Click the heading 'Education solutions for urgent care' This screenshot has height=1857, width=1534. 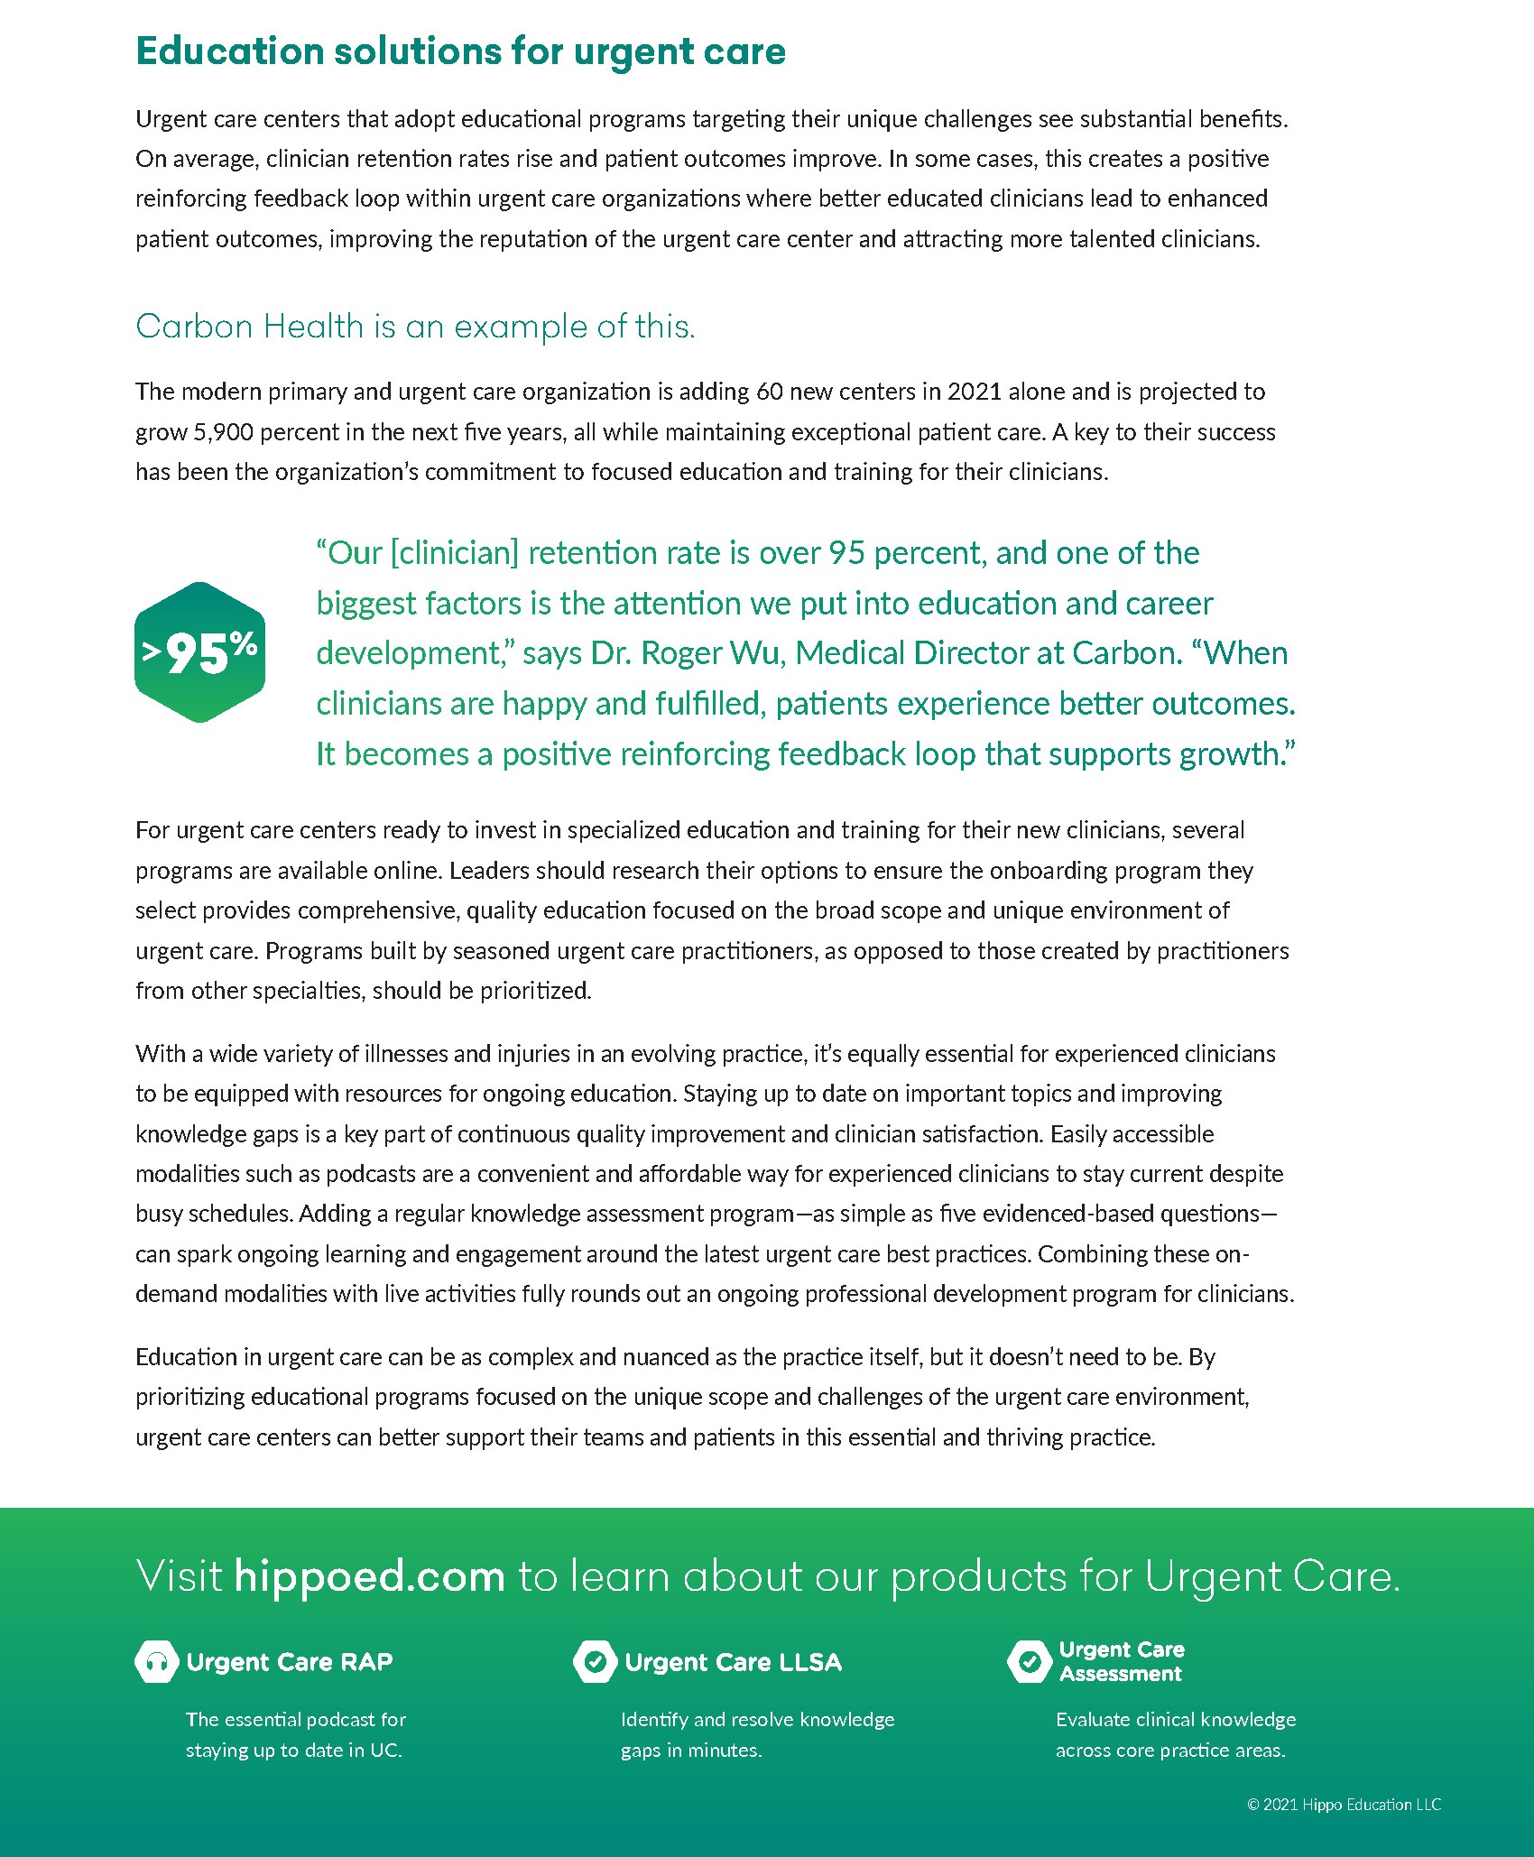tap(460, 51)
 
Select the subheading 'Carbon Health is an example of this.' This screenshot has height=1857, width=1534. tap(415, 327)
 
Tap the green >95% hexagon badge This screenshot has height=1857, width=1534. tap(199, 651)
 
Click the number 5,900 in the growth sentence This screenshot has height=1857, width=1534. tap(223, 432)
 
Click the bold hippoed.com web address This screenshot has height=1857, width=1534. tap(369, 1576)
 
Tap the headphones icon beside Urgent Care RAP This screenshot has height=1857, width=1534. tap(157, 1661)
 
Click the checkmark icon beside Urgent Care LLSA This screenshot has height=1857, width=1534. tap(595, 1661)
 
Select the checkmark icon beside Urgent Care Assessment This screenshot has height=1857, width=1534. tap(1029, 1661)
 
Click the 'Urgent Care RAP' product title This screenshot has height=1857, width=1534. tap(290, 1662)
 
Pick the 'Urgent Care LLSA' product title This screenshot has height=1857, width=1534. tap(733, 1662)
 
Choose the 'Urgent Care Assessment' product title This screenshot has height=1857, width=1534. tap(1121, 1661)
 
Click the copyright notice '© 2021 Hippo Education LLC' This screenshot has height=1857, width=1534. tap(1344, 1804)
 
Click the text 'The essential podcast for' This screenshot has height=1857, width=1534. tap(296, 1719)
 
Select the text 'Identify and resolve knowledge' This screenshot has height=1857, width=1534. tap(757, 1719)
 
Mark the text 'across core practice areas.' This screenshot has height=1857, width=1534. tap(1170, 1750)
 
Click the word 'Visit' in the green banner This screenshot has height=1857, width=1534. tap(179, 1576)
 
